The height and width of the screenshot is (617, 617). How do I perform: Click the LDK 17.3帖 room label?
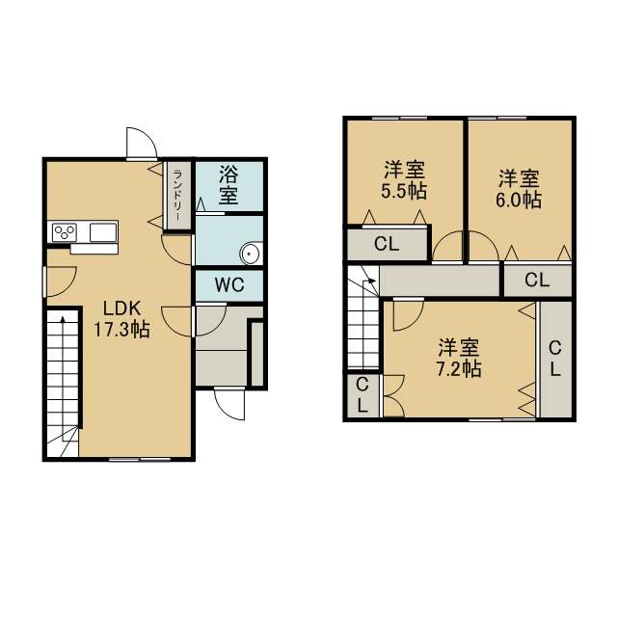pyautogui.click(x=121, y=319)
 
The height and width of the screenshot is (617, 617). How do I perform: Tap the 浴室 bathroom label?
pyautogui.click(x=228, y=185)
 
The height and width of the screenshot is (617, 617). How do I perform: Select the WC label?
pyautogui.click(x=229, y=284)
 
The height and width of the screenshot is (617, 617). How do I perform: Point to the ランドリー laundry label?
pyautogui.click(x=177, y=195)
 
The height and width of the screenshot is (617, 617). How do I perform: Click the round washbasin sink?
pyautogui.click(x=251, y=253)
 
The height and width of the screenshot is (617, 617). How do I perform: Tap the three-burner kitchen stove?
pyautogui.click(x=65, y=232)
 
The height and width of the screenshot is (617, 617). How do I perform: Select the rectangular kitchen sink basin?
pyautogui.click(x=103, y=232)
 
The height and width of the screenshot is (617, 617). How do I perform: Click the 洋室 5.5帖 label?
pyautogui.click(x=404, y=181)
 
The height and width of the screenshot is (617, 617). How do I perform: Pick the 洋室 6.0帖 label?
pyautogui.click(x=519, y=189)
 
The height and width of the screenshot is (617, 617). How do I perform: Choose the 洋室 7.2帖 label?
pyautogui.click(x=459, y=358)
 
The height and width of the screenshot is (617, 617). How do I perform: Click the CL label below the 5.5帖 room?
pyautogui.click(x=387, y=244)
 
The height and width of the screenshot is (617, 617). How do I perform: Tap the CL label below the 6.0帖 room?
pyautogui.click(x=537, y=281)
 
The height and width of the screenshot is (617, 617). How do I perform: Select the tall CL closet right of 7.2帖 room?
pyautogui.click(x=555, y=358)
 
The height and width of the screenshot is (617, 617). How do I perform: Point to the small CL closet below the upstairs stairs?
pyautogui.click(x=362, y=394)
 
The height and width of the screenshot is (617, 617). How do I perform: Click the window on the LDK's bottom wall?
pyautogui.click(x=140, y=459)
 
